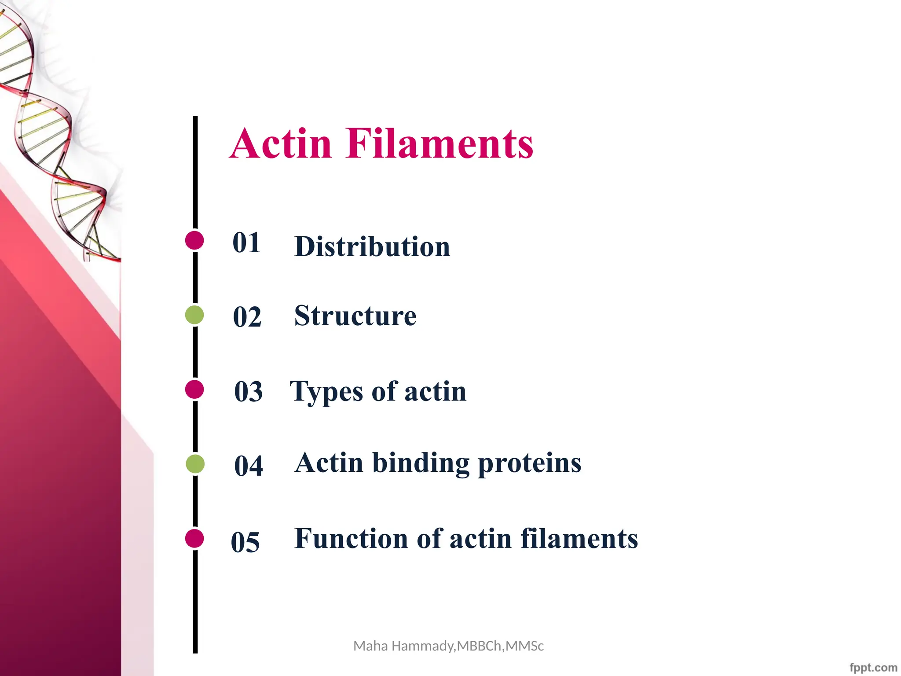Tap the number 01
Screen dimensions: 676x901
pos(246,242)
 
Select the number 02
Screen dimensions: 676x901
pos(247,317)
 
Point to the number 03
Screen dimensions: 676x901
pos(249,391)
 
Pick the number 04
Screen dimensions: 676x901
pos(249,466)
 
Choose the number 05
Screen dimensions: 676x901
pos(245,542)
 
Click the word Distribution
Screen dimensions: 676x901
pos(372,246)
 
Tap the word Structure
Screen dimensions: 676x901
pos(355,316)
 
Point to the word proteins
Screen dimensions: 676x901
pos(529,464)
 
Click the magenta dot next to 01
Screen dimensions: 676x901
pos(194,240)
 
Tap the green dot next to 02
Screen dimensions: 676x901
pos(194,315)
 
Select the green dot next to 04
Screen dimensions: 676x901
pos(195,464)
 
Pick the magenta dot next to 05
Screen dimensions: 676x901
pos(194,538)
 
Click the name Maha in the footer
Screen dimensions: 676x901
pos(370,646)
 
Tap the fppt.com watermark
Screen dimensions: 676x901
pos(873,668)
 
